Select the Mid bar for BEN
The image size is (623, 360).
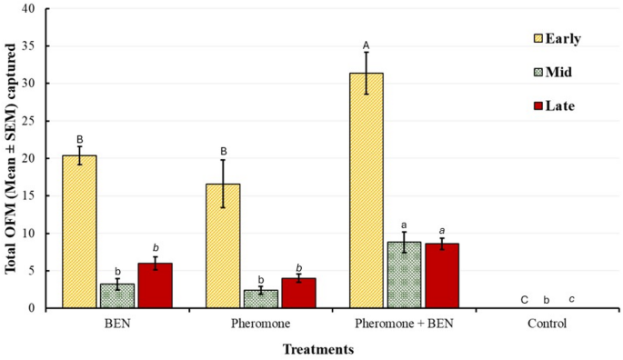point(117,296)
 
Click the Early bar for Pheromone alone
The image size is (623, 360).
point(222,246)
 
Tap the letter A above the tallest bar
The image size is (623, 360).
point(366,45)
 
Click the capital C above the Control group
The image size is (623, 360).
point(523,299)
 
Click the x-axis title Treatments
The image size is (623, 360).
point(317,349)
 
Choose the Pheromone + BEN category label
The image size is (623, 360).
point(403,324)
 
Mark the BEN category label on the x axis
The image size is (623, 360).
point(117,324)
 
